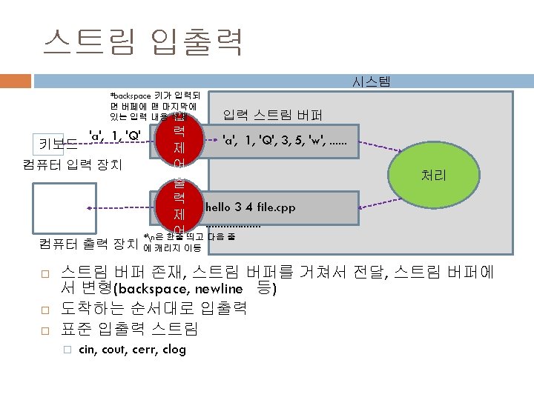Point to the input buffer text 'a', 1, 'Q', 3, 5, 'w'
pos(289,138)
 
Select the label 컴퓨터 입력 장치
pos(73,164)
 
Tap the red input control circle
pos(179,142)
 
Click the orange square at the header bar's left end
pos(12,81)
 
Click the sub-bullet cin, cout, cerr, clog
pos(132,350)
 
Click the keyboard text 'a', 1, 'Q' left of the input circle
pos(115,136)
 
